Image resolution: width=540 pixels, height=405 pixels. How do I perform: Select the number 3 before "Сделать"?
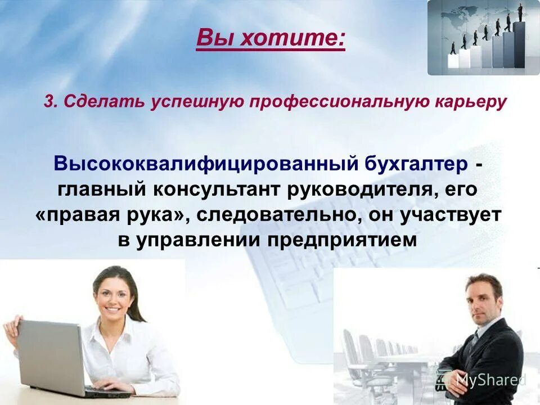[x=50, y=102]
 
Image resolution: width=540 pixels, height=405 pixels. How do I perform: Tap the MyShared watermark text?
[x=490, y=380]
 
